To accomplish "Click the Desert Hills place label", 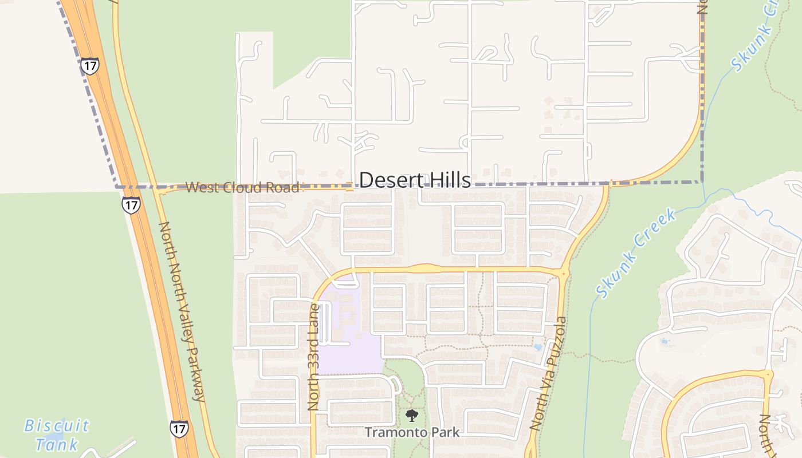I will click(x=415, y=180).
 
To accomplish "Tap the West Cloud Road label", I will click(x=242, y=188).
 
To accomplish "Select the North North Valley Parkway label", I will click(x=182, y=311).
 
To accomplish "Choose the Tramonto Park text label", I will click(x=412, y=432).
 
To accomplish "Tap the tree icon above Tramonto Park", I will click(x=411, y=416).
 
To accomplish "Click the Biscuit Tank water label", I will click(x=57, y=435).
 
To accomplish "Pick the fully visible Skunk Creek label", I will click(x=636, y=253).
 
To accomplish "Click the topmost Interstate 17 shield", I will click(x=89, y=66).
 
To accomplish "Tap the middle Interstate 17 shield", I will click(x=131, y=205).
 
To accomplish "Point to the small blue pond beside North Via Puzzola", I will click(x=537, y=347).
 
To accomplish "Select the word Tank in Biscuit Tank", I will click(x=57, y=444).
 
